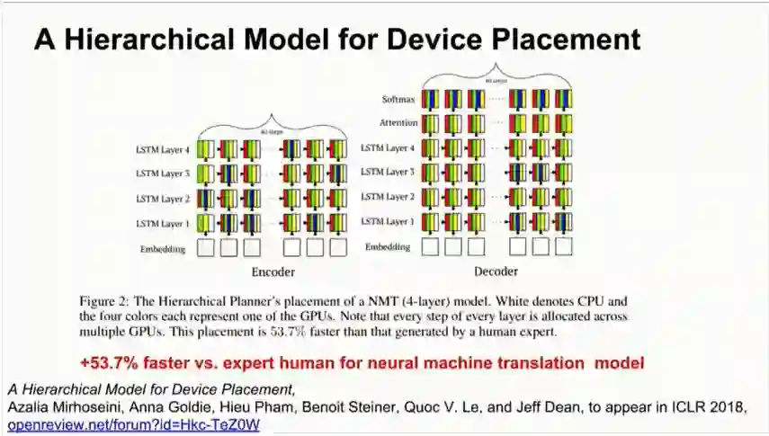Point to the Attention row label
[x=394, y=123]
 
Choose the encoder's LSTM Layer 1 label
[x=162, y=223]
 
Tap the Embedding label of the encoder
[x=162, y=248]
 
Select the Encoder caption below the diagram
[x=273, y=271]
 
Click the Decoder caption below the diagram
[x=497, y=271]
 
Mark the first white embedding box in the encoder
[x=205, y=248]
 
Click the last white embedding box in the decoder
[x=564, y=246]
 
